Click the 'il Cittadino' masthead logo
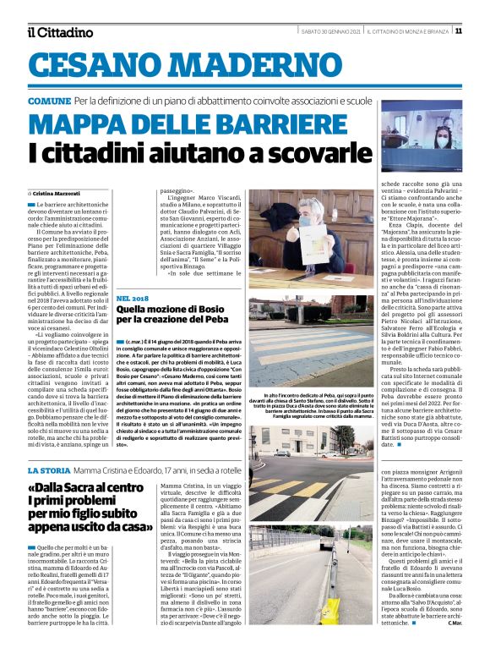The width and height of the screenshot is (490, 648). [x=59, y=32]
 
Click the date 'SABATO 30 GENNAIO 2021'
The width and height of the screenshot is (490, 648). [x=333, y=31]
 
